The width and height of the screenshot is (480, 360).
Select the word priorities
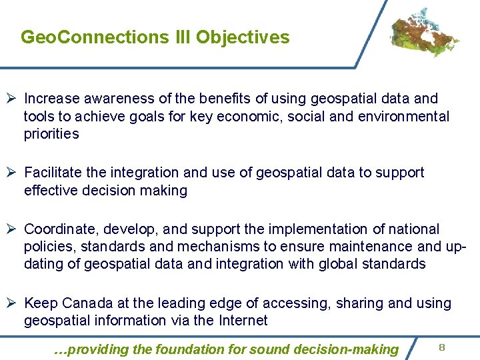[x=51, y=134]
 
